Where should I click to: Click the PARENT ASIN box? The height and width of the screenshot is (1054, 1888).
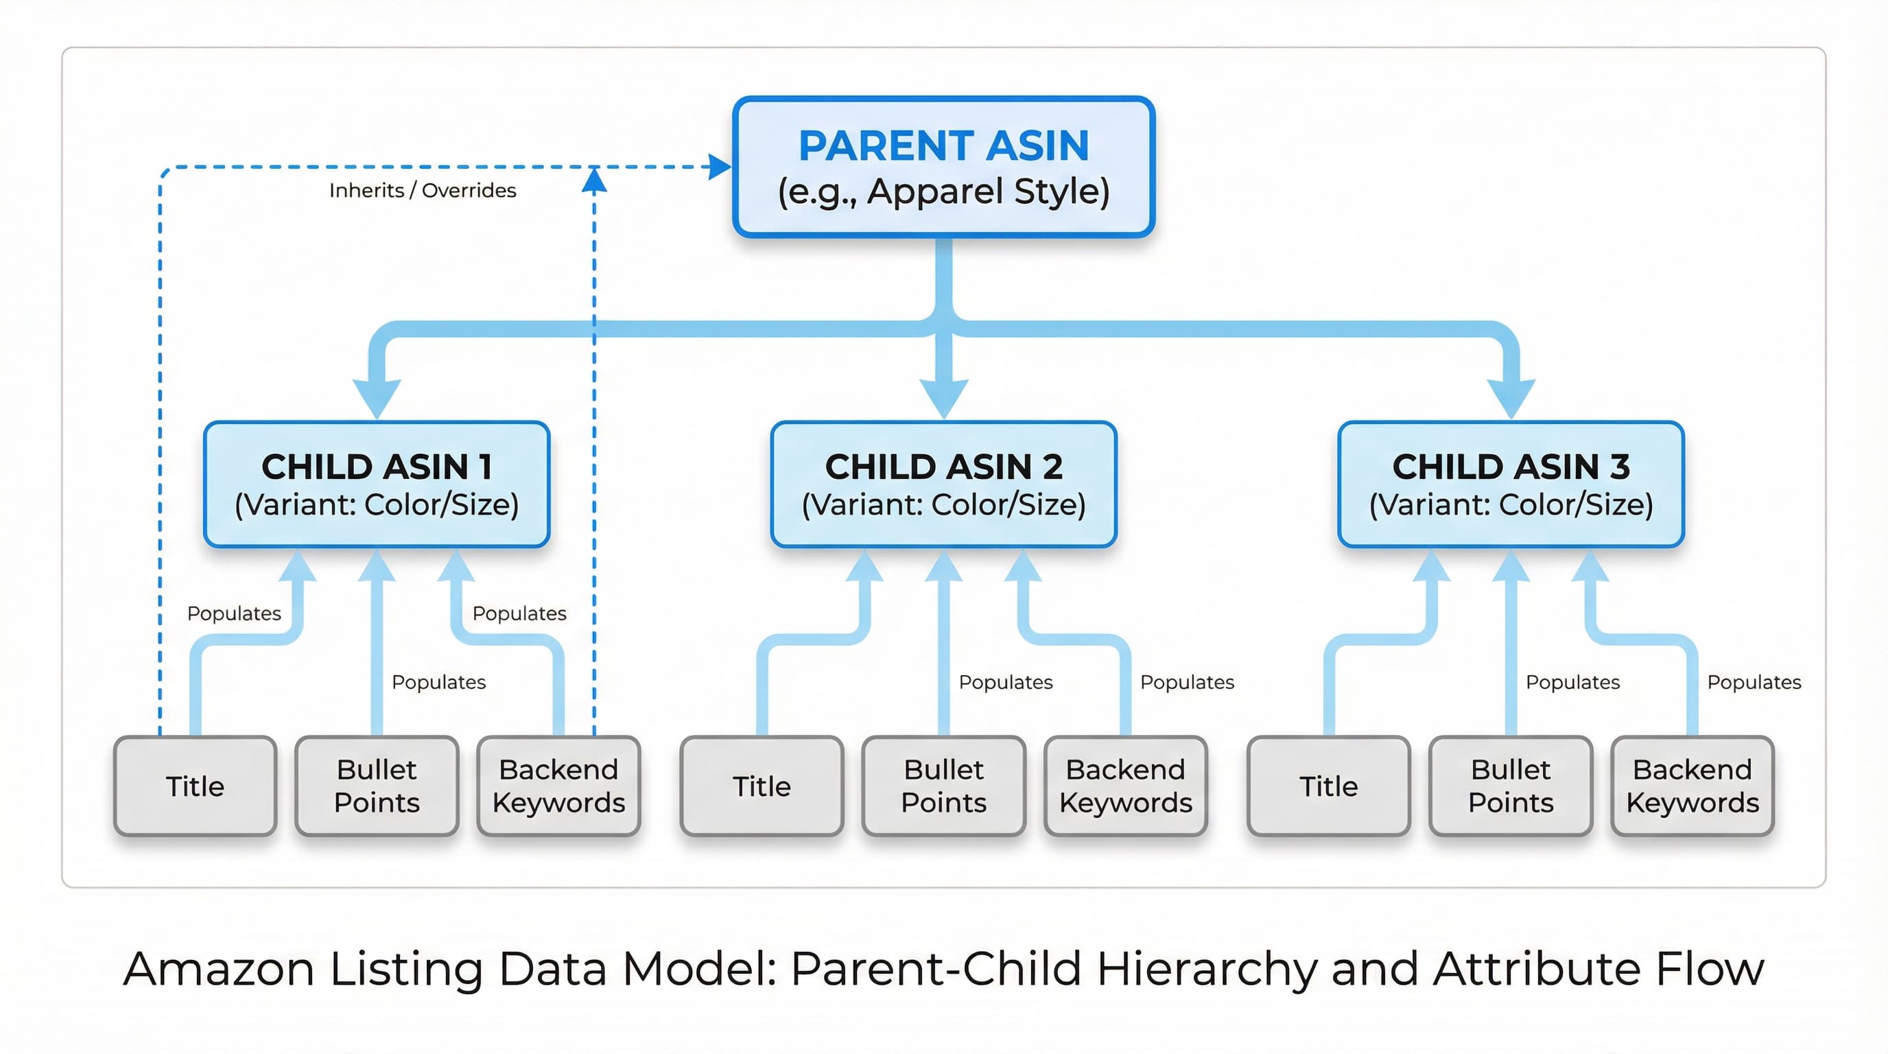(943, 167)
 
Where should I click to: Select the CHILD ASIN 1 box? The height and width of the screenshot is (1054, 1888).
(377, 484)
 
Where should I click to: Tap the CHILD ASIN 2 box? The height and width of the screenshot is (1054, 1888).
(943, 484)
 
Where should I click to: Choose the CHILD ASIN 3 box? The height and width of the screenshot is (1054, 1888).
(1511, 484)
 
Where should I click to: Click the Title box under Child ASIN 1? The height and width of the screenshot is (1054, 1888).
(195, 786)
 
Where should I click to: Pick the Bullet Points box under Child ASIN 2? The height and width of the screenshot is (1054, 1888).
(943, 786)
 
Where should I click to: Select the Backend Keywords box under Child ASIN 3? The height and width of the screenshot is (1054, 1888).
(1692, 786)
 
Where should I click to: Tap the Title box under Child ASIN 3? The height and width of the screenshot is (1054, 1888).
(1328, 786)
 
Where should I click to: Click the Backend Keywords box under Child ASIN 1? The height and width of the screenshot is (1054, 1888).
(558, 786)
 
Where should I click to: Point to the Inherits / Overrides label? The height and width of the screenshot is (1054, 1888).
(422, 191)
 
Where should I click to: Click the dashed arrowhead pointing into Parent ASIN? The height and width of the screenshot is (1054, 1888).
(720, 167)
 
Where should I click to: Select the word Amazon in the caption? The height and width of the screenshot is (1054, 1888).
(218, 969)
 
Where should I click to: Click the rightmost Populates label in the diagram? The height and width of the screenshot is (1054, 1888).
(1753, 682)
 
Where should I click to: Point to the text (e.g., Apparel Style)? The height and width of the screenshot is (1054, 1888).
(943, 191)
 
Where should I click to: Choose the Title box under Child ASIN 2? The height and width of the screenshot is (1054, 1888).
(762, 786)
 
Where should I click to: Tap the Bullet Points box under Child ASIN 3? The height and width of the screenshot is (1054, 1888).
(1511, 786)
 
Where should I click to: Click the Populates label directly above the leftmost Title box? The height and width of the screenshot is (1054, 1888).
(234, 613)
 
